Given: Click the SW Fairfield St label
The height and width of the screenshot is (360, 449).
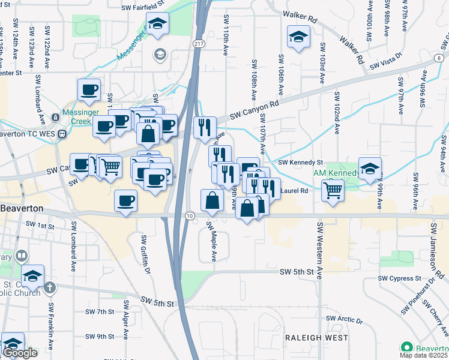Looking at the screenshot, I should click(142, 8).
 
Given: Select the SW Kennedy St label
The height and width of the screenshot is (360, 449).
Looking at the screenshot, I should click(301, 163).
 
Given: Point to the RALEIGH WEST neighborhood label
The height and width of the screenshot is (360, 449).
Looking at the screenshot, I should click(316, 338).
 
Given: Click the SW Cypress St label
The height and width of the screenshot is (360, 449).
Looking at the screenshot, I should click(400, 278).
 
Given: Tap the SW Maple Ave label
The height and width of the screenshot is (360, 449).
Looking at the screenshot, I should click(212, 242).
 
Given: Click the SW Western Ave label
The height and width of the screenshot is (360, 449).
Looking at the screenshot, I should click(319, 250).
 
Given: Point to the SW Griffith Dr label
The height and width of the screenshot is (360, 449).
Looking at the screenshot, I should click(145, 254).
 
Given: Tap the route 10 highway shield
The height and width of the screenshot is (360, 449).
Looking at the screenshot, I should click(190, 215).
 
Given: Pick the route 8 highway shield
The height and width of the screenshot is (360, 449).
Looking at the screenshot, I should click(442, 58).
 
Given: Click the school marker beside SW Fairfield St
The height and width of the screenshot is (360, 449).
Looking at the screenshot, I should click(158, 24).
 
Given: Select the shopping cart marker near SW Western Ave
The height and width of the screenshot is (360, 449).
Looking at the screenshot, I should click(333, 191).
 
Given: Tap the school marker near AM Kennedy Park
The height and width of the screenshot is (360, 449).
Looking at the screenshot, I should click(370, 169).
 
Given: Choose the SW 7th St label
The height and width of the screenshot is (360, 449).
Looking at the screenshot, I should click(100, 312).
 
